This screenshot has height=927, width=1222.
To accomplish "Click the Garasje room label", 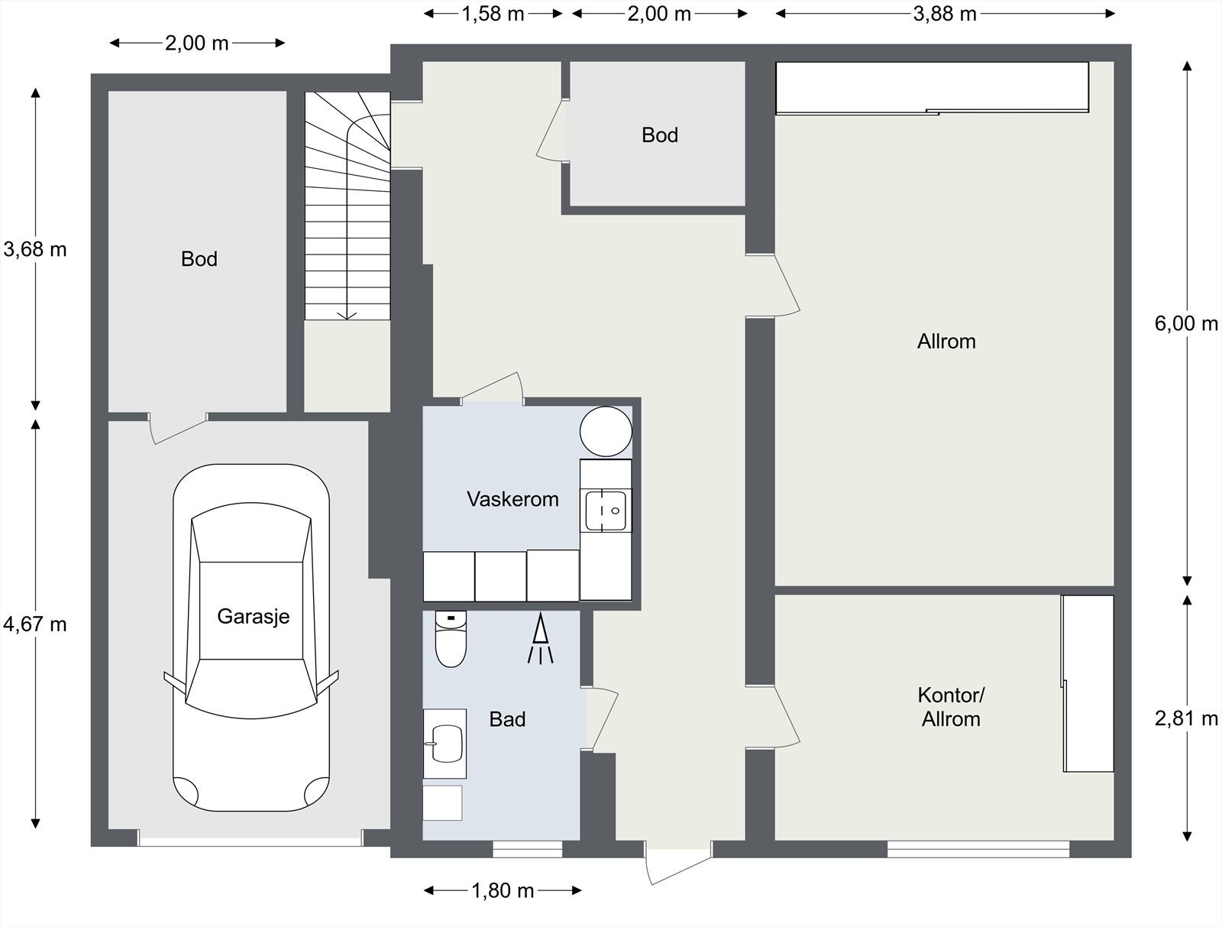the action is pyautogui.click(x=254, y=617).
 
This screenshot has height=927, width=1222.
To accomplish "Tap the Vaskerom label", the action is pyautogui.click(x=512, y=499).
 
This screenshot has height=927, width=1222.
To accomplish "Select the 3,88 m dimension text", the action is pyautogui.click(x=945, y=14).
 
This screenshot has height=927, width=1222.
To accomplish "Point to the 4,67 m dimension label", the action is pyautogui.click(x=34, y=624).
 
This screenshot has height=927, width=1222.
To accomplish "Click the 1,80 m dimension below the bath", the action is pyautogui.click(x=503, y=891).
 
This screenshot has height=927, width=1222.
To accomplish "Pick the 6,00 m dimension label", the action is pyautogui.click(x=1186, y=324).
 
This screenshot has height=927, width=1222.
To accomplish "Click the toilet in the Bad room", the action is pyautogui.click(x=451, y=639).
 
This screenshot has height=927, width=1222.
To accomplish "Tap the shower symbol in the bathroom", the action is pyautogui.click(x=540, y=638).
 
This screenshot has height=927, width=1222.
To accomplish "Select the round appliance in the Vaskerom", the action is pyautogui.click(x=606, y=432).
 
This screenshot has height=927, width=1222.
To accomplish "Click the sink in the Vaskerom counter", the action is pyautogui.click(x=605, y=510).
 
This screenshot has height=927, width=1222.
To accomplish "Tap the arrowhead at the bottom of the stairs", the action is pyautogui.click(x=347, y=316).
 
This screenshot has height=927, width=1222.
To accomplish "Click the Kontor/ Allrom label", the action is pyautogui.click(x=951, y=707).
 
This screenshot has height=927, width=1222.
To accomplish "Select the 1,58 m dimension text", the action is pyautogui.click(x=493, y=14).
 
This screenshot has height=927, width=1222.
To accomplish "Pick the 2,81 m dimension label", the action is pyautogui.click(x=1186, y=718).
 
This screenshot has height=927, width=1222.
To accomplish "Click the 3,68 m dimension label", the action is pyautogui.click(x=34, y=249).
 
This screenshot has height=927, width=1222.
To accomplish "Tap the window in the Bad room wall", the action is pyautogui.click(x=527, y=850).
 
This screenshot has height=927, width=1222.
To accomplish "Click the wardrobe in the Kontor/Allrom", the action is pyautogui.click(x=1088, y=683).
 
